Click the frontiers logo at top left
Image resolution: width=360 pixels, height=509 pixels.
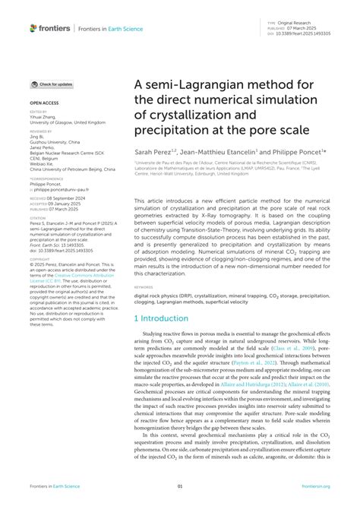point(49,27)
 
